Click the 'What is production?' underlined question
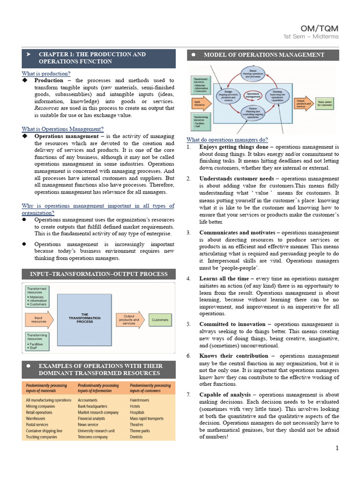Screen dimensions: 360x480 coord(46,74)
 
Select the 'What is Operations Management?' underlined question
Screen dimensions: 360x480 coord(62,129)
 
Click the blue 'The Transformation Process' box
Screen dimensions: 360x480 coord(84,318)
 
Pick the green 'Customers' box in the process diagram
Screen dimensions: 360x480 coord(160,320)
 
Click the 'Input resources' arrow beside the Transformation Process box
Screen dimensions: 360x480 coord(38,320)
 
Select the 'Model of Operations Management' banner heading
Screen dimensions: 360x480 coord(264,55)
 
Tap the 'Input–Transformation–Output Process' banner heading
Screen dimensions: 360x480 coord(98,274)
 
